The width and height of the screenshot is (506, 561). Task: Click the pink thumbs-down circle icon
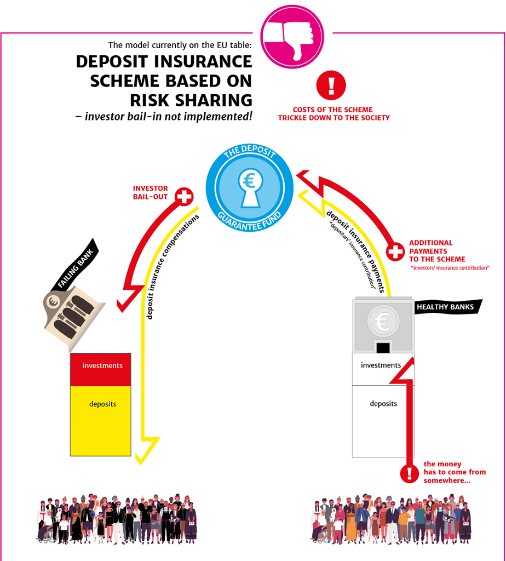pyautogui.click(x=292, y=37)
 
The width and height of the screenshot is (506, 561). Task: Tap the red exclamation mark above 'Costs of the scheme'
pyautogui.click(x=331, y=85)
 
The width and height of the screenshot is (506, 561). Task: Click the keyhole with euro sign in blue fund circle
pyautogui.click(x=250, y=188)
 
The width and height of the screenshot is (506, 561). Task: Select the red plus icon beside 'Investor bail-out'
pyautogui.click(x=184, y=197)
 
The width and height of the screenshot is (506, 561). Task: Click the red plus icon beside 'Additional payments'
pyautogui.click(x=395, y=251)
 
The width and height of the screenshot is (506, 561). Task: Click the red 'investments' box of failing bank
pyautogui.click(x=100, y=370)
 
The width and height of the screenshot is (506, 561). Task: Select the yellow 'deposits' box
pyautogui.click(x=100, y=421)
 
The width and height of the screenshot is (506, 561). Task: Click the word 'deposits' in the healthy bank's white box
pyautogui.click(x=383, y=404)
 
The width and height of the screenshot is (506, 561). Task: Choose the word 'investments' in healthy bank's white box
pyautogui.click(x=381, y=365)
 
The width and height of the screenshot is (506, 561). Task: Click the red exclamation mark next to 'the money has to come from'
pyautogui.click(x=410, y=473)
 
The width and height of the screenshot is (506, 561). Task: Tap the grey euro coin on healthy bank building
pyautogui.click(x=383, y=321)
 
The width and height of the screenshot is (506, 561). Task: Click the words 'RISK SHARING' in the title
pyautogui.click(x=191, y=100)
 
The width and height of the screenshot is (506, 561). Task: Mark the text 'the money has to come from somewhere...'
pyautogui.click(x=455, y=472)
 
